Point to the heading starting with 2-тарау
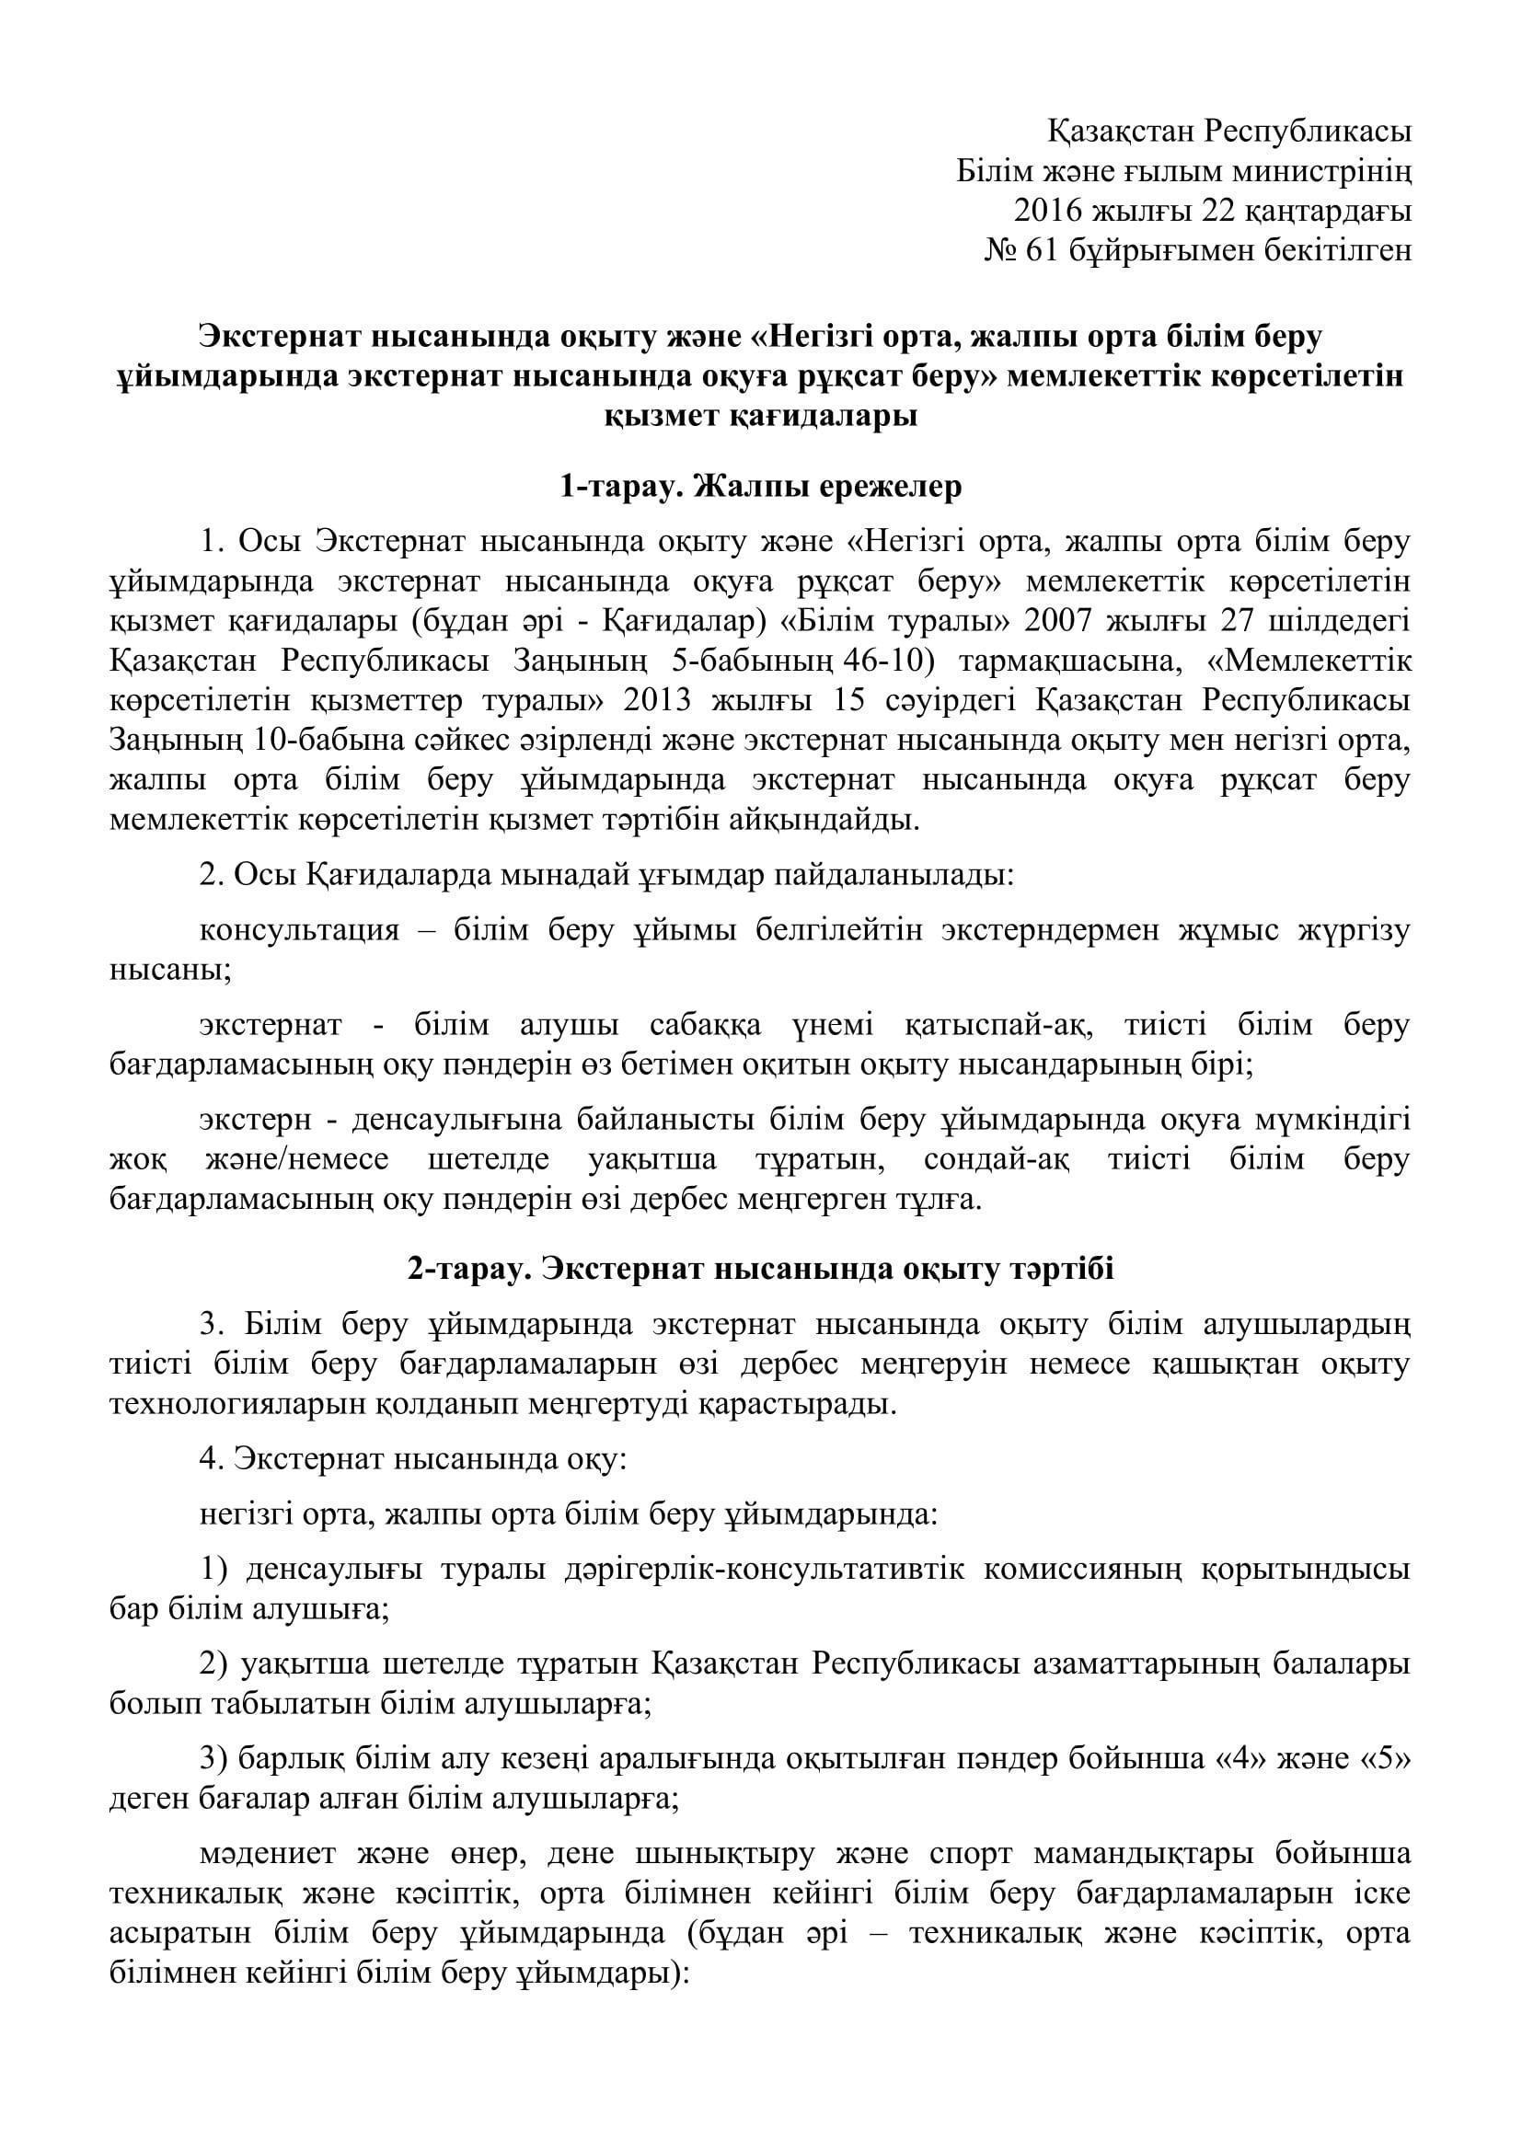point(760,1269)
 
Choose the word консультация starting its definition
point(300,931)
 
